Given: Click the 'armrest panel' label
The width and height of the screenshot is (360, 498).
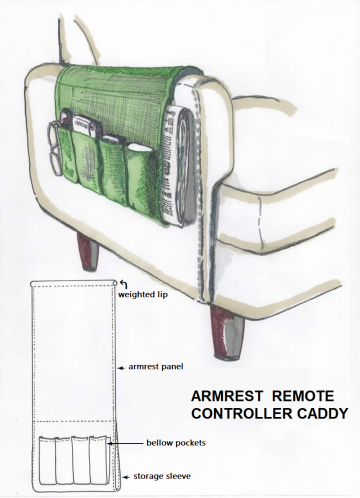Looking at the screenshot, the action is [156, 367].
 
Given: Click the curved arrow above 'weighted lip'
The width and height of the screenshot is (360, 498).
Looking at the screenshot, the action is [122, 284].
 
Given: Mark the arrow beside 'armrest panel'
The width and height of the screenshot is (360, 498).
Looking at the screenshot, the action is [120, 367].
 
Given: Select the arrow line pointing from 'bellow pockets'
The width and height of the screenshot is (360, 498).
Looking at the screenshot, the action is [120, 440].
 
